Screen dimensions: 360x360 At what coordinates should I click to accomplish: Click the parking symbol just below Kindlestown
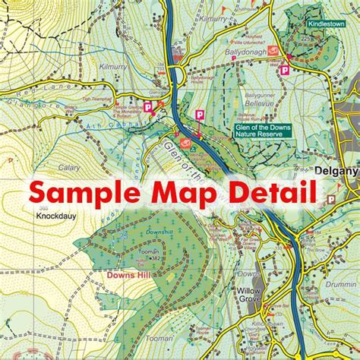(x=285, y=69)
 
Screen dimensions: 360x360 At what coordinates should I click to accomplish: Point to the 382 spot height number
(x=154, y=257)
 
